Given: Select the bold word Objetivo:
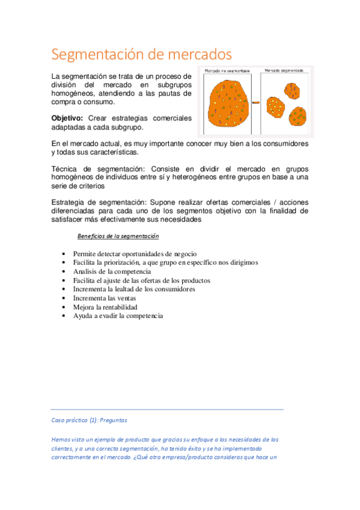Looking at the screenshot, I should point(67,118).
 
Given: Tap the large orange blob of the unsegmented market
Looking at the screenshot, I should point(228,103).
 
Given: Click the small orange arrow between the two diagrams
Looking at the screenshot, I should point(255,103).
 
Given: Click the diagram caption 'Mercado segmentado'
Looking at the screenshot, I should point(283,71).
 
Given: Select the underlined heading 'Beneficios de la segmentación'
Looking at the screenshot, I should point(118,236).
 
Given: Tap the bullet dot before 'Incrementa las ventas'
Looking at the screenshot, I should point(64,298).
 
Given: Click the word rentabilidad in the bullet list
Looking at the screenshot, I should point(109,307).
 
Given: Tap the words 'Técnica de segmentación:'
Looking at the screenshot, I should point(99,169).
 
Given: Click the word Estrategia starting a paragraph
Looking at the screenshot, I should point(72,203).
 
